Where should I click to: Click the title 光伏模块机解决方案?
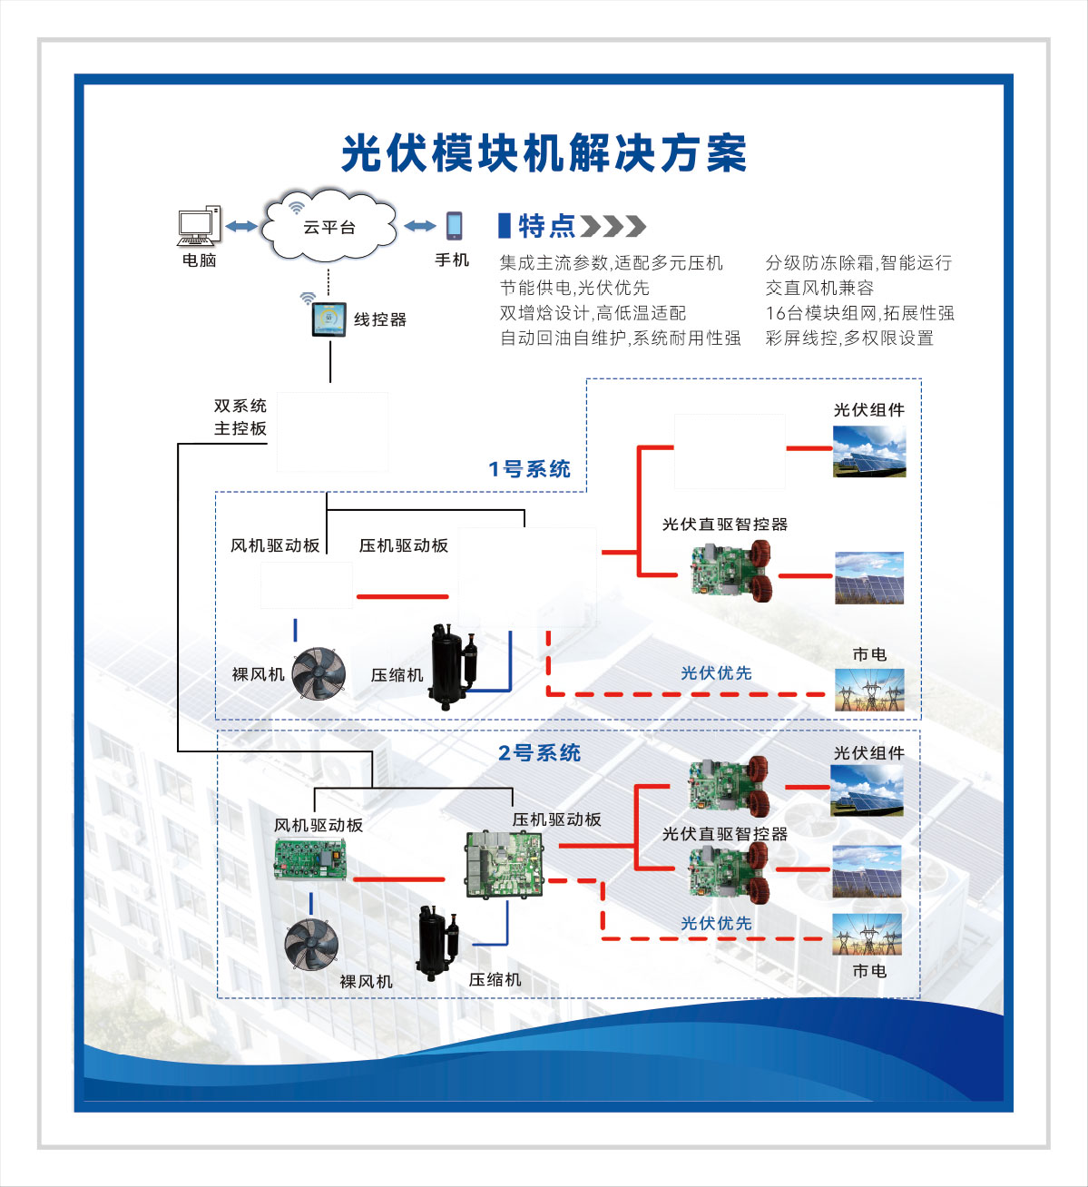[x=544, y=153]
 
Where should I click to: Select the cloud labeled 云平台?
[x=328, y=226]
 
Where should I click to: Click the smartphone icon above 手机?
[x=454, y=225]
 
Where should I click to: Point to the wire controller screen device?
[x=328, y=319]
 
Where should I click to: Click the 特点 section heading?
[x=546, y=226]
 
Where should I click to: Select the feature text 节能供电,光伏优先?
[x=574, y=288]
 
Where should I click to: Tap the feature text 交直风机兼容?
[x=818, y=288]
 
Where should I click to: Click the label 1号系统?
[x=529, y=469]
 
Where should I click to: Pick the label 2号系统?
[x=539, y=752]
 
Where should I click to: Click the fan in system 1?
[x=319, y=673]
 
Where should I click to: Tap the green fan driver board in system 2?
[x=311, y=859]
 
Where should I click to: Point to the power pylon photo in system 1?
[x=869, y=690]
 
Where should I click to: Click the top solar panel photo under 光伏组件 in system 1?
[x=869, y=450]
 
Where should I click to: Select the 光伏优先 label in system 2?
[x=716, y=923]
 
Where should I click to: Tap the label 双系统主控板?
[x=240, y=417]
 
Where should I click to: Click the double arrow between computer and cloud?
[x=241, y=226]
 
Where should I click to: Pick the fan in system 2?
[x=311, y=944]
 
